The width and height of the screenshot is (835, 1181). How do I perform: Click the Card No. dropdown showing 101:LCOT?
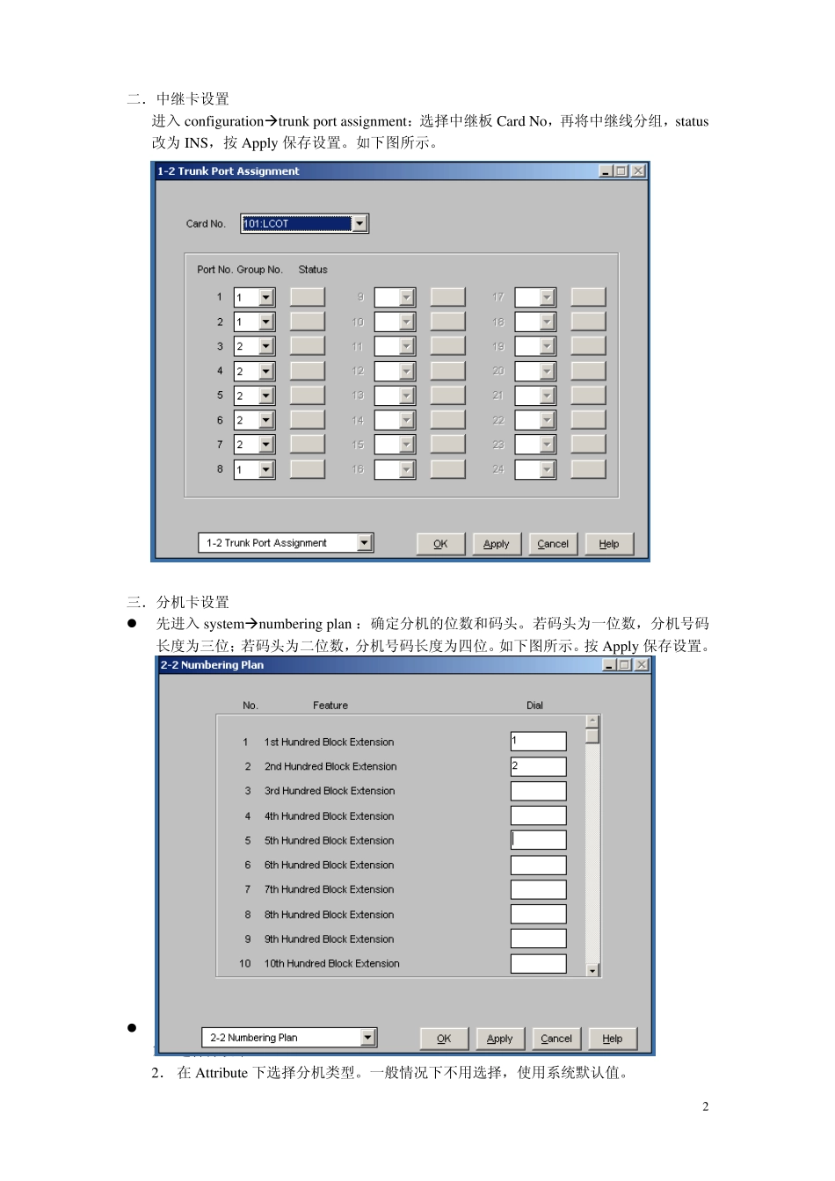pyautogui.click(x=304, y=224)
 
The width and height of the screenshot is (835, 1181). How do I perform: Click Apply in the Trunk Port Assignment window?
pyautogui.click(x=497, y=544)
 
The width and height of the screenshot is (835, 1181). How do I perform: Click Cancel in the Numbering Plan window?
pyautogui.click(x=556, y=1039)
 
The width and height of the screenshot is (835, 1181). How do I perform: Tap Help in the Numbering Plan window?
pyautogui.click(x=613, y=1039)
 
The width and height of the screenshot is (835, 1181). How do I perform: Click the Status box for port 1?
pyautogui.click(x=308, y=298)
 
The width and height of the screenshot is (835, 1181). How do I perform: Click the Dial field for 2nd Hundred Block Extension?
pyautogui.click(x=538, y=766)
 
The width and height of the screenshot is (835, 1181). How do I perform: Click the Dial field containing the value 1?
pyautogui.click(x=538, y=742)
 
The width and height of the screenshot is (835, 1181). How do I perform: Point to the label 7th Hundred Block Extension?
pyautogui.click(x=329, y=890)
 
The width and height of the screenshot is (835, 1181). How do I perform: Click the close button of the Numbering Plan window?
pyautogui.click(x=643, y=665)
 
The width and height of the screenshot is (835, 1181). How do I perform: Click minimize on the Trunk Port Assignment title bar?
pyautogui.click(x=606, y=171)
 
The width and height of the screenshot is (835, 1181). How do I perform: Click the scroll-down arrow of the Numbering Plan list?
pyautogui.click(x=592, y=970)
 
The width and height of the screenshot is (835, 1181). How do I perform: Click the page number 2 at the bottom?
pyautogui.click(x=705, y=1106)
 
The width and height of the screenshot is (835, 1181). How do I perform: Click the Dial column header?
pyautogui.click(x=534, y=706)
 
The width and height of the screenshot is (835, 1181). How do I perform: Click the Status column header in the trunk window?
pyautogui.click(x=313, y=270)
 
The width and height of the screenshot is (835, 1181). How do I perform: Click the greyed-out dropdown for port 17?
pyautogui.click(x=535, y=298)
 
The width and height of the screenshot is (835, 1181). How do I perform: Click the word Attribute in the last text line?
pyautogui.click(x=221, y=1073)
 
